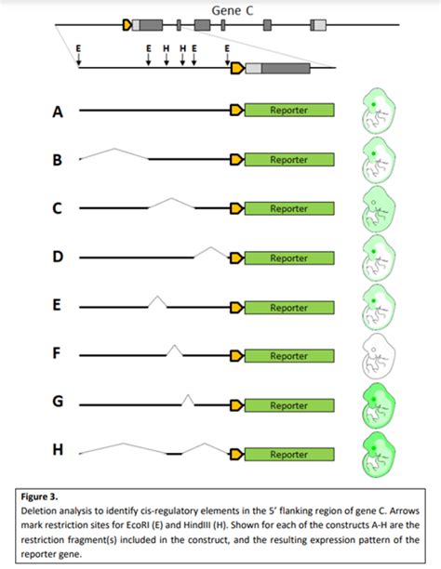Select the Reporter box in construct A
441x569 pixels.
(288, 111)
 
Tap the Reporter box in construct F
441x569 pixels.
(288, 356)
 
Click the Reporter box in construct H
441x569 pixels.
(288, 455)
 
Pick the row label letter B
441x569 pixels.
(57, 161)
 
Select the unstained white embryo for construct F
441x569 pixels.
(377, 355)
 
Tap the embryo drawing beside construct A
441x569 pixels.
(377, 111)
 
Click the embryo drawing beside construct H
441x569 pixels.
(377, 455)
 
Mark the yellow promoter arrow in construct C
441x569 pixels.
(237, 209)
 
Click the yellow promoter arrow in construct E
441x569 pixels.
(237, 308)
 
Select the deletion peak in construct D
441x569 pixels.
(211, 249)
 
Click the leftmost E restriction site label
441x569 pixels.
(78, 45)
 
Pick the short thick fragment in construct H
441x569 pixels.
(174, 455)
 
